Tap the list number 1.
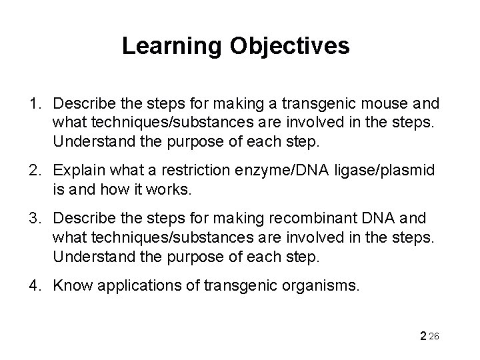click(33, 105)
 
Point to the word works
click(173, 189)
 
